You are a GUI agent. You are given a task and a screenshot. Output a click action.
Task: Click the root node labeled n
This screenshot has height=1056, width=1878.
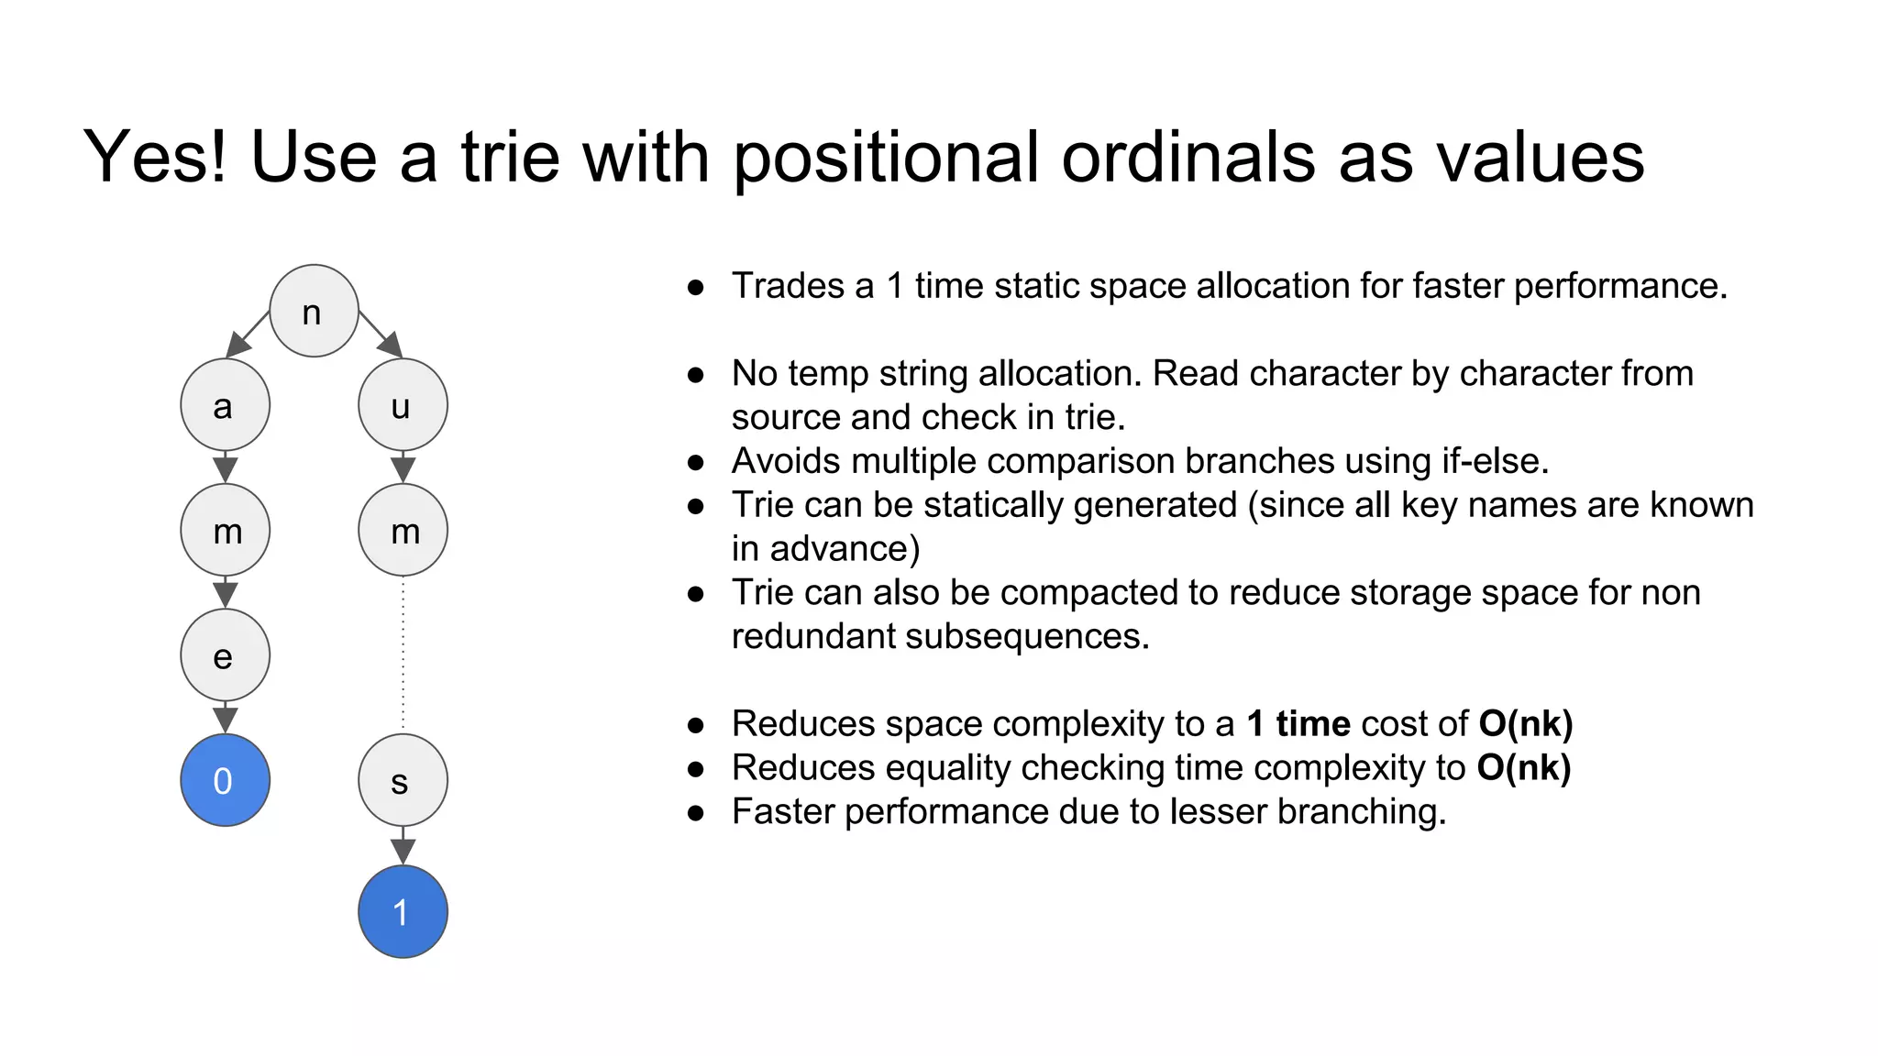(x=314, y=311)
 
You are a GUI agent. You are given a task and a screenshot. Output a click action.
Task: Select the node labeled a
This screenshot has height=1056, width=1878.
(x=225, y=404)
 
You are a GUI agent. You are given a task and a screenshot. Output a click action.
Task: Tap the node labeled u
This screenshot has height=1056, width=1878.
(x=403, y=404)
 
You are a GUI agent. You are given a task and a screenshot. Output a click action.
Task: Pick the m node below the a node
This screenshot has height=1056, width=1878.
(x=225, y=530)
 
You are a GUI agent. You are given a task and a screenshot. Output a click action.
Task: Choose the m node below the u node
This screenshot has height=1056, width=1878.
(x=403, y=530)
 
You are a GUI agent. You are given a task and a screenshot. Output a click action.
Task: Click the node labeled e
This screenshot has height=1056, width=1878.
(x=225, y=654)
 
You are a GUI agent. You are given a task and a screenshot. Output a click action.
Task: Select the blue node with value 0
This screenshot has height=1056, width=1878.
(x=225, y=780)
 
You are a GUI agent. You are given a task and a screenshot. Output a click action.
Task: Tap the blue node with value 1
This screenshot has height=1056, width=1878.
(x=403, y=912)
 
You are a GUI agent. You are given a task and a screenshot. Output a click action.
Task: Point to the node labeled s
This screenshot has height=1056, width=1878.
(x=403, y=780)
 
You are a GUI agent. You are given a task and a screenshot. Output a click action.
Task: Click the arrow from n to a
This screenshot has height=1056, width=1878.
(x=247, y=334)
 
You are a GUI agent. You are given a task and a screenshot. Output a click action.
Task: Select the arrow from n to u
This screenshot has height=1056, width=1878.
(x=381, y=335)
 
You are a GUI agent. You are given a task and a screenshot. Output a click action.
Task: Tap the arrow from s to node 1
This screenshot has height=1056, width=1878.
(x=403, y=845)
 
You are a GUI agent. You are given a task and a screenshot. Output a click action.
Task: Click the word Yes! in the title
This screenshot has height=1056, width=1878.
(x=155, y=157)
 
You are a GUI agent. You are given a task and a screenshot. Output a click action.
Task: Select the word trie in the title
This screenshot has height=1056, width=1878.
(x=510, y=157)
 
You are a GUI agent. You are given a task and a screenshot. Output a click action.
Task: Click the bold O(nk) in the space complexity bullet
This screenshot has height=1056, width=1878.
(x=1525, y=724)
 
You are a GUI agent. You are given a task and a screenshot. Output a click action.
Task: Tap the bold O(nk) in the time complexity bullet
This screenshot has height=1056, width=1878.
(x=1523, y=768)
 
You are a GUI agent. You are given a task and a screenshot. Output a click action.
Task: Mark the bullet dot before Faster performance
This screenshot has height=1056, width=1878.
(x=696, y=813)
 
